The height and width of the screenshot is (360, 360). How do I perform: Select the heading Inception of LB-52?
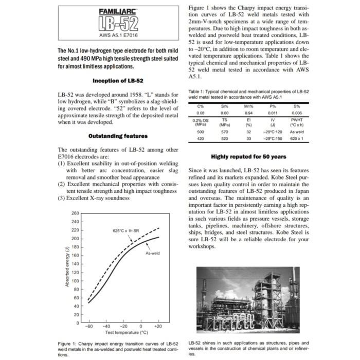[118, 81]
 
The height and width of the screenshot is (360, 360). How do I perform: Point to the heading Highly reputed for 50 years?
[248, 156]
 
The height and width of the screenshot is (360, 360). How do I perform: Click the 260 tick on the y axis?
[75, 213]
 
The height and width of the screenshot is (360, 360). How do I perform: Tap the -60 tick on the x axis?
[89, 328]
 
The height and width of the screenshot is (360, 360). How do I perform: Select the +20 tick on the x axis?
[158, 328]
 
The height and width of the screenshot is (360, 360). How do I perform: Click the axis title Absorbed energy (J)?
[67, 267]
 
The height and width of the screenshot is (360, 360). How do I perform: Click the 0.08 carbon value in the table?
[193, 113]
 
